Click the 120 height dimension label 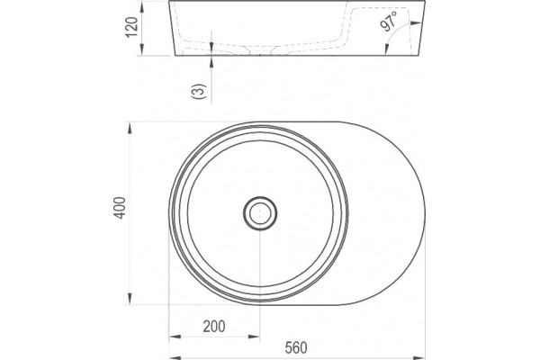(132, 27)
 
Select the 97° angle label (389, 22)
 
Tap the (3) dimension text (199, 91)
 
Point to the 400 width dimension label (121, 208)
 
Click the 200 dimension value (214, 326)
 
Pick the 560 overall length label (296, 348)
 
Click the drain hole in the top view (260, 213)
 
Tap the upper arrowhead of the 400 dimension (130, 128)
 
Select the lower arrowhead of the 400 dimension (130, 298)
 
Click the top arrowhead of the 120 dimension (142, 6)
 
